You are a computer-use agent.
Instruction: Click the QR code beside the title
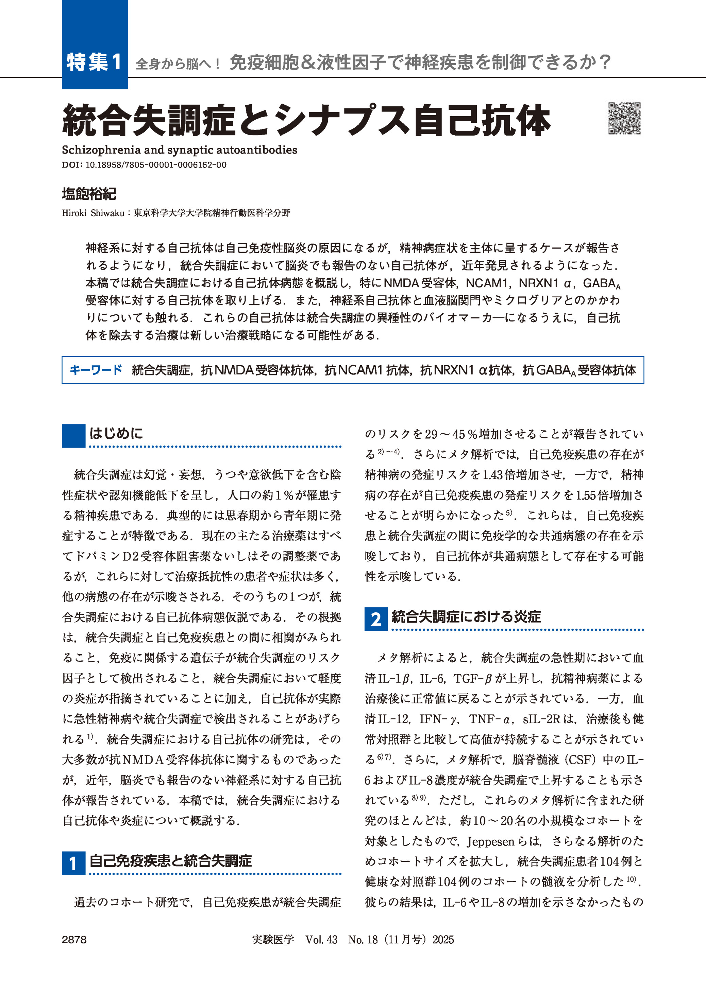tap(624, 118)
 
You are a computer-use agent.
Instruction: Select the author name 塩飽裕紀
tap(89, 194)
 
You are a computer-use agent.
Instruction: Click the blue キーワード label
tap(96, 370)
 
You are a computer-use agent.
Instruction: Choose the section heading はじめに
tap(116, 433)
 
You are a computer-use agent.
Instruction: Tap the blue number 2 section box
tap(375, 618)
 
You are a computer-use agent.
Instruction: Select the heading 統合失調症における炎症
tap(466, 616)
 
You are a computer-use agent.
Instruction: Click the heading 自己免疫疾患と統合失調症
tap(170, 860)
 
